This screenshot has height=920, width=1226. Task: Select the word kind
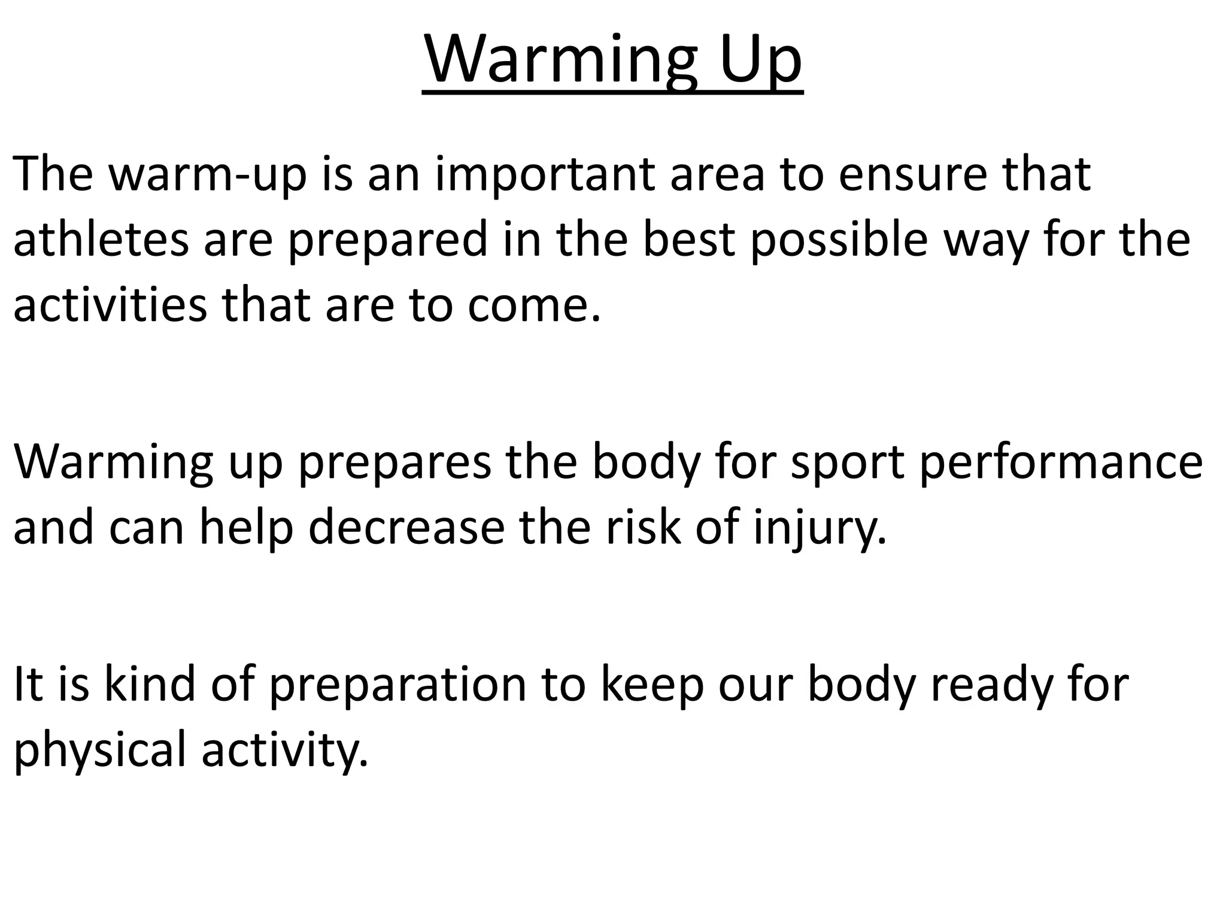tap(149, 684)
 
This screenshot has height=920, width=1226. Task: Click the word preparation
tap(397, 684)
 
